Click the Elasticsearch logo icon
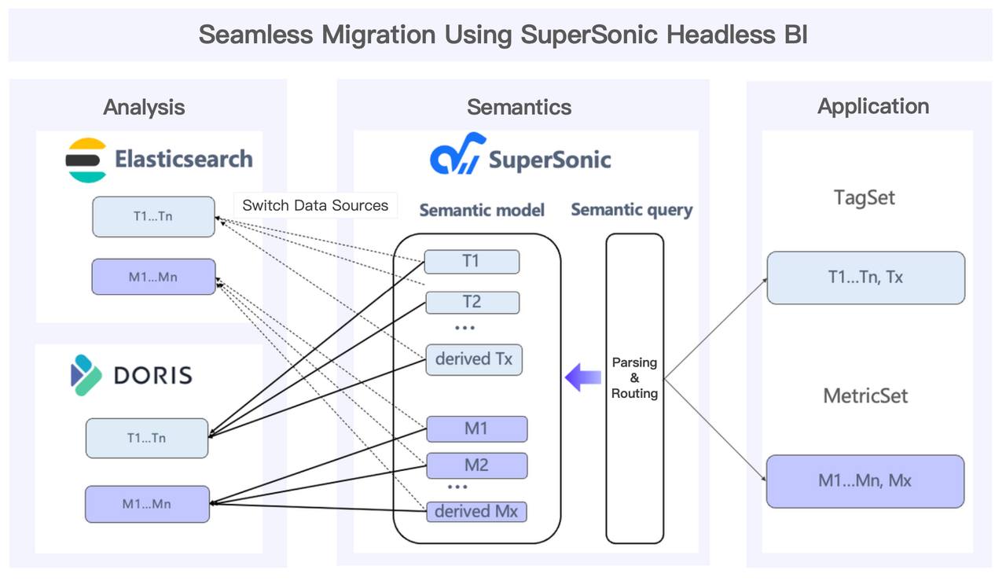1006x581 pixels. (86, 160)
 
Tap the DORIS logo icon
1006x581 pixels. (86, 374)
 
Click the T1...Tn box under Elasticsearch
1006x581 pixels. (153, 217)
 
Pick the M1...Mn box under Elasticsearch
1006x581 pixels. (153, 277)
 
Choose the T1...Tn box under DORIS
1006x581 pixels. (146, 438)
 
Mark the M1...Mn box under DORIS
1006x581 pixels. (147, 504)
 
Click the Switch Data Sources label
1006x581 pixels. (315, 206)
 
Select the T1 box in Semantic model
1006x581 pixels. (472, 262)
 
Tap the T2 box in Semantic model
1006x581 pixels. (472, 303)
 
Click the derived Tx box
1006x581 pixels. (474, 359)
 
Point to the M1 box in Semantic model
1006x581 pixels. (476, 429)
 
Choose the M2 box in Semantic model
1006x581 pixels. (476, 465)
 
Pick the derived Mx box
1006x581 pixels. (476, 511)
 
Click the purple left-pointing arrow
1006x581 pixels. (582, 377)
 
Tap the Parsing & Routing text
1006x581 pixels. (634, 378)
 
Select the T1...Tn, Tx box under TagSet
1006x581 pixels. (865, 278)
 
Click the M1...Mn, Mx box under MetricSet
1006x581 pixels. (865, 480)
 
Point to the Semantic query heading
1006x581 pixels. (632, 210)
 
